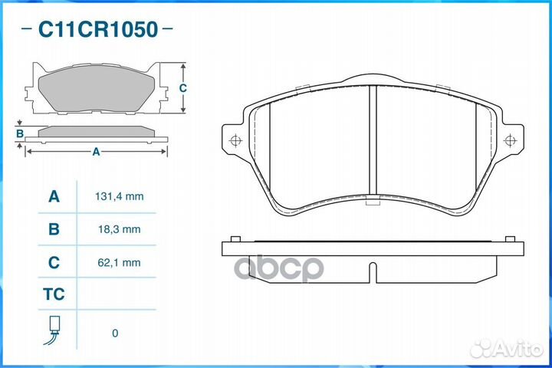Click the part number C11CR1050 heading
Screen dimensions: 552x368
tap(98, 29)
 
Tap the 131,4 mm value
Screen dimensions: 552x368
tap(120, 196)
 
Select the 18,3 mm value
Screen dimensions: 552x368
tap(120, 229)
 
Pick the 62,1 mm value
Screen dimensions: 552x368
tap(120, 262)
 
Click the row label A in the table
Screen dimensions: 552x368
tap(54, 196)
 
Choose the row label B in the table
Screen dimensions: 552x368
tap(54, 229)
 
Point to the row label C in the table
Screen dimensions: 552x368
tap(54, 262)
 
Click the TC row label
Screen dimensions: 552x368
tap(54, 294)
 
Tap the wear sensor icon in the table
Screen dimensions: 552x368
tap(53, 330)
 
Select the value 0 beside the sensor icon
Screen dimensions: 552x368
tap(115, 333)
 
